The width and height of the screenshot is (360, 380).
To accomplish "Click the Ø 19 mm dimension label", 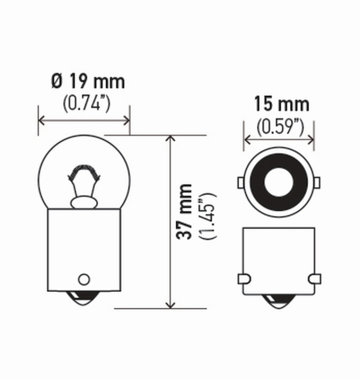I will click(87, 82).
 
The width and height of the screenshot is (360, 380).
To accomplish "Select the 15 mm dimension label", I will click(281, 104).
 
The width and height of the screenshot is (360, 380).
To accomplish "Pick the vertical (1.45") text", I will click(207, 215).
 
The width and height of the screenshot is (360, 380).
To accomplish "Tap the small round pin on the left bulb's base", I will click(84, 279).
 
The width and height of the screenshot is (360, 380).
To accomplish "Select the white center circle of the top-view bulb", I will click(278, 182).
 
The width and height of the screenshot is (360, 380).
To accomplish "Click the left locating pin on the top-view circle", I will click(240, 182).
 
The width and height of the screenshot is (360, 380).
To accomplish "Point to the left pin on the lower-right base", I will click(244, 278).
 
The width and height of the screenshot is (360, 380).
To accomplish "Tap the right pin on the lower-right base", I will click(314, 278).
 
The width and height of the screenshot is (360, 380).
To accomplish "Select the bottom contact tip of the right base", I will click(278, 301).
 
